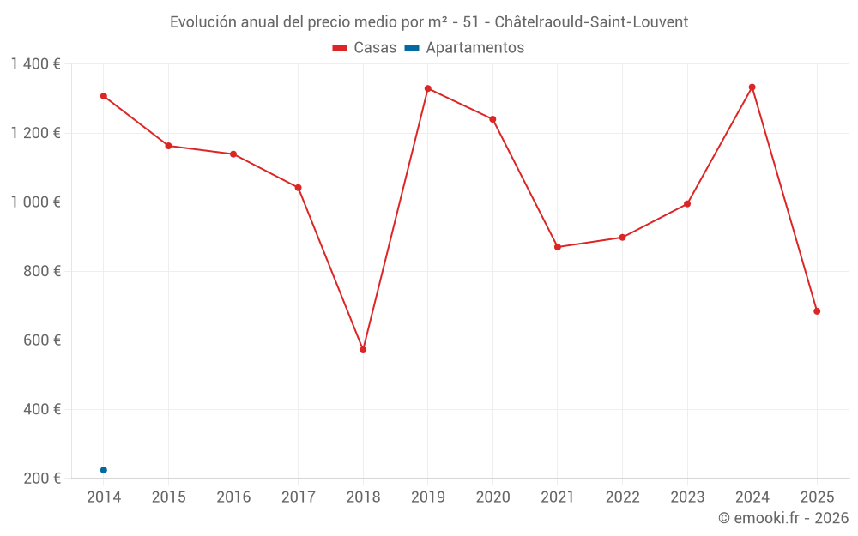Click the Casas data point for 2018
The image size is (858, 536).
pos(363,350)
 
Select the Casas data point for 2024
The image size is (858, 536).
pos(752,87)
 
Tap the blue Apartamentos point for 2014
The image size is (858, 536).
pos(104,470)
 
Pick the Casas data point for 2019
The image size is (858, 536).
pos(428,88)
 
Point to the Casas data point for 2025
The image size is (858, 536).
pos(817,311)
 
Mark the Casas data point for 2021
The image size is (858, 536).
pos(558,247)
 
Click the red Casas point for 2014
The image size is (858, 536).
pos(104,96)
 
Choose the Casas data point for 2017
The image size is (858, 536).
pos(299,188)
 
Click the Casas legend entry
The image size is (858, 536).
pos(365,48)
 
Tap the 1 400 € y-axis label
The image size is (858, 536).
pos(35,64)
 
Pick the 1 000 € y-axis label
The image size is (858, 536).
pos(35,202)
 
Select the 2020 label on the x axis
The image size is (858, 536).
pos(492,497)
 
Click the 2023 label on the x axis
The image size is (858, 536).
pos(687,497)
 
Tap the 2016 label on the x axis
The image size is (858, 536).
pos(233,497)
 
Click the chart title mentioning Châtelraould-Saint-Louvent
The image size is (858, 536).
pos(429,22)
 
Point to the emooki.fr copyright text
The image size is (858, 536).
pos(782,518)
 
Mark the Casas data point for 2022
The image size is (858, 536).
pos(623,238)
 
